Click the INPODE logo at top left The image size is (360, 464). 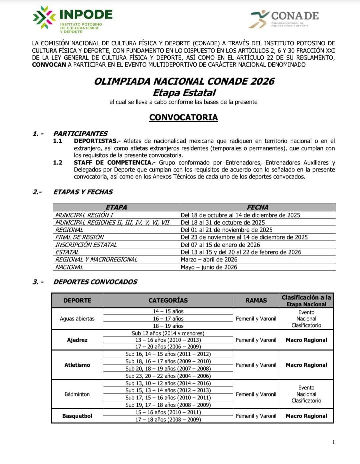tap(73, 19)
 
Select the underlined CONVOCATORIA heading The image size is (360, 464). tap(183, 118)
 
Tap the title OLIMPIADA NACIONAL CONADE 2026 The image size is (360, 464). tap(184, 81)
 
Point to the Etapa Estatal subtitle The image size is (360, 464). tap(184, 92)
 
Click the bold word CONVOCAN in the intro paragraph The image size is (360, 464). tap(49, 65)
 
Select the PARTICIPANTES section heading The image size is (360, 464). tap(80, 134)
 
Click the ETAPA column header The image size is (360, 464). tap(116, 207)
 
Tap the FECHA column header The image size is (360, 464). tap(257, 207)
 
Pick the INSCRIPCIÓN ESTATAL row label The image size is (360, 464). tap(86, 245)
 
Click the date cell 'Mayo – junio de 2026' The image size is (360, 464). tap(209, 267)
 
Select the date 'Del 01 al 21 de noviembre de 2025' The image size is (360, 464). tap(226, 230)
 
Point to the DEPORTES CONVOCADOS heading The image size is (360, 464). tap(95, 282)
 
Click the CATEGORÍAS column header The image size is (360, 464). tap(168, 300)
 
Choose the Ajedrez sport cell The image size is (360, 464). tap(77, 340)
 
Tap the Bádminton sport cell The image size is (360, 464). tap(77, 394)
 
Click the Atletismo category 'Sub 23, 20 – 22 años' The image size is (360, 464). tap(168, 376)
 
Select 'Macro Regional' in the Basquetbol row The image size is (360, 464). tap(306, 416)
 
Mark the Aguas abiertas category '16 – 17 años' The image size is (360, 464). tap(168, 319)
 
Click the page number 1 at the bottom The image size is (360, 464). tap(334, 442)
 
